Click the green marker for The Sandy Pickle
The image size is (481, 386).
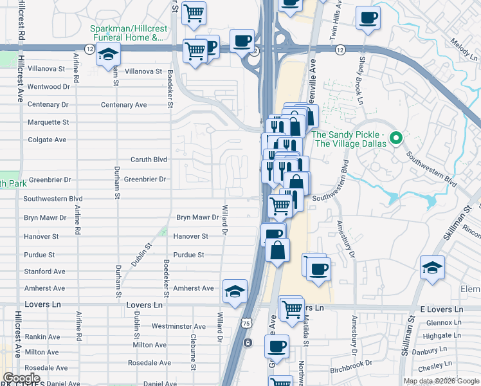pos(397,138)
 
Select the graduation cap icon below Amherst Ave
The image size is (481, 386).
pos(235,291)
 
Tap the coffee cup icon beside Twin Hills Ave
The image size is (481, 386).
pos(368,18)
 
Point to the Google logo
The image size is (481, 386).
pos(21,378)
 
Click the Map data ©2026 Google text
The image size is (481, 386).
pos(441,381)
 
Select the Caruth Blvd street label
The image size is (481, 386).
pos(149,160)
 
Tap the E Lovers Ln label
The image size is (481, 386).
pos(440,309)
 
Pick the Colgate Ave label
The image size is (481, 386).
pos(47,140)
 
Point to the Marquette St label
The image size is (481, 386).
pos(48,122)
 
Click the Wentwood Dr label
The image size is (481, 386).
pos(48,86)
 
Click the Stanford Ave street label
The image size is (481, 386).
pos(44,271)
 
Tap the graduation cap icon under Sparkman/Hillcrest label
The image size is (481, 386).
pos(109,57)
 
